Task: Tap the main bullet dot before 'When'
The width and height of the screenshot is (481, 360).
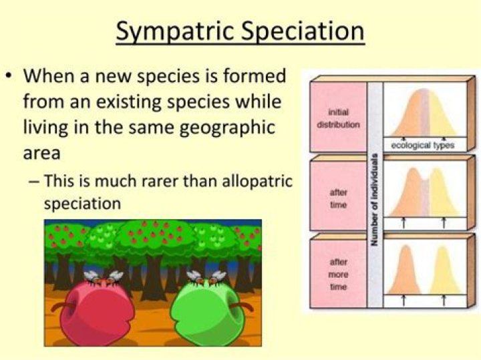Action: (x=10, y=75)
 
